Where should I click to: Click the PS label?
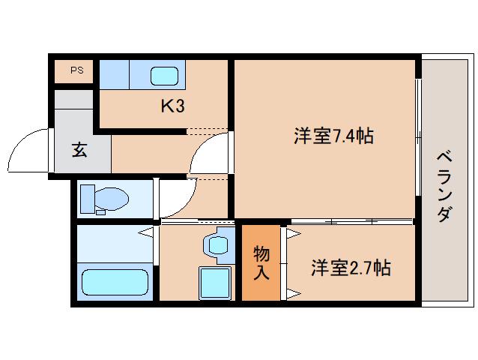tap(77, 70)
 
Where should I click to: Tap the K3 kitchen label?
tap(173, 106)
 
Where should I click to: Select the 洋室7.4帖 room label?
tap(334, 136)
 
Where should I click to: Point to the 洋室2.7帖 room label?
tap(351, 268)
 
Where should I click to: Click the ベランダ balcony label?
tap(444, 186)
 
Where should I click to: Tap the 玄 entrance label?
tap(79, 150)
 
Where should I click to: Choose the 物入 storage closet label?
tap(261, 262)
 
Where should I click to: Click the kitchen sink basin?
tap(164, 76)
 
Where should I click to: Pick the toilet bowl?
tap(112, 199)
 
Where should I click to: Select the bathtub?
tap(115, 282)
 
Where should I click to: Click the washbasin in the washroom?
tap(218, 246)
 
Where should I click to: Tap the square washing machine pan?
tap(214, 283)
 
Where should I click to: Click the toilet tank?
tap(88, 199)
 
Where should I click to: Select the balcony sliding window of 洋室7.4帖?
tap(419, 137)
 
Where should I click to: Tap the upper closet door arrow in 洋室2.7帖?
tap(294, 234)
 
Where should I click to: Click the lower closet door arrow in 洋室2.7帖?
tap(294, 295)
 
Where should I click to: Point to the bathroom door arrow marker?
tap(145, 232)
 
